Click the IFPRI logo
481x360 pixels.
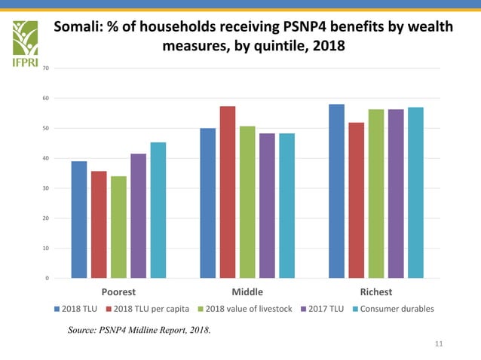click(x=27, y=43)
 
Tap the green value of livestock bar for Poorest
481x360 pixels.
click(x=118, y=227)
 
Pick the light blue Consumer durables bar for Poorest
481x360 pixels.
click(x=158, y=210)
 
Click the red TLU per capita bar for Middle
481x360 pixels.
click(x=228, y=192)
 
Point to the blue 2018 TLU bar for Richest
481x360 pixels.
click(x=336, y=191)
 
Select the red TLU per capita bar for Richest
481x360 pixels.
click(x=356, y=200)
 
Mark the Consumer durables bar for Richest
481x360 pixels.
click(x=415, y=193)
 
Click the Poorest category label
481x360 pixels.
click(x=118, y=292)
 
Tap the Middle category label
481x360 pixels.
click(x=247, y=292)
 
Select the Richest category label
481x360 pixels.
click(x=375, y=292)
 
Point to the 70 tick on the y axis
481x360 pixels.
click(x=47, y=69)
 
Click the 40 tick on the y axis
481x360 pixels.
click(x=47, y=158)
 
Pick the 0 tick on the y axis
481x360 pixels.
click(x=48, y=279)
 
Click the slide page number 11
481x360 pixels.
click(x=440, y=344)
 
